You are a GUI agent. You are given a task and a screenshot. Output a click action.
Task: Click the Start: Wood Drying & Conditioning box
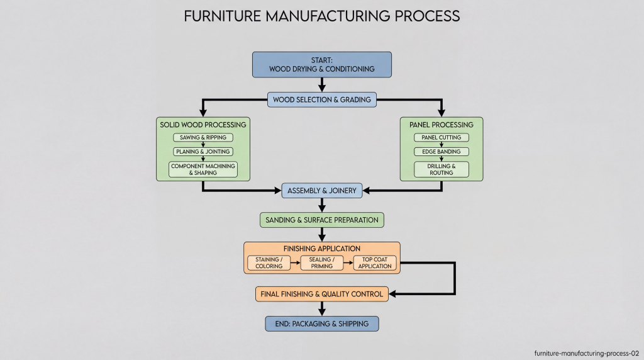pos(322,64)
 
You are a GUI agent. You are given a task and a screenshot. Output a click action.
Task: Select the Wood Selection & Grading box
pos(322,99)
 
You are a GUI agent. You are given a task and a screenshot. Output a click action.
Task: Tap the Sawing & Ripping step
pos(203,137)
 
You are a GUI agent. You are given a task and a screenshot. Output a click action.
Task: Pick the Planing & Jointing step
pos(203,152)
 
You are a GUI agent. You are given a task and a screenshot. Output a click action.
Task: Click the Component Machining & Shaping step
pos(203,169)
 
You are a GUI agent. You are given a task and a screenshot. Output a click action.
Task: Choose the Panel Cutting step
pos(441,137)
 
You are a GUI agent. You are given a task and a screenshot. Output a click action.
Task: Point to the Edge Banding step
pos(441,152)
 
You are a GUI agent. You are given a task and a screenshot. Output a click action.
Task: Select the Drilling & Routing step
pos(441,169)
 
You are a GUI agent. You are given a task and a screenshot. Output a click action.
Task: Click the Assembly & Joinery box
pos(322,190)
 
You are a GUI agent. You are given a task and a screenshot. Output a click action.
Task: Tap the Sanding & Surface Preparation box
pos(322,220)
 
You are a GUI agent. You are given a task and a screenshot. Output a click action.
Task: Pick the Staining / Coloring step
pos(269,263)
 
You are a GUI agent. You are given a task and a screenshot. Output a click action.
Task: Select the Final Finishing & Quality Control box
pos(322,293)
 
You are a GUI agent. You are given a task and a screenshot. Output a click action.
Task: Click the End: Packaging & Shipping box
pos(322,323)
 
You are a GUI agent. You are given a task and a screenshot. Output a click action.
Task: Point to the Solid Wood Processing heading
pos(203,125)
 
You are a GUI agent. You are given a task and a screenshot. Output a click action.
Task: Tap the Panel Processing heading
pos(441,125)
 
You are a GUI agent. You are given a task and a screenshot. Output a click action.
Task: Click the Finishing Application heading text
pos(322,249)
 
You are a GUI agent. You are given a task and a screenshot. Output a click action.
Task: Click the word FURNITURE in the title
pos(217,16)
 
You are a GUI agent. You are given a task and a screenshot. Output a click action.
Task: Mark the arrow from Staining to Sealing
pos(296,263)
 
